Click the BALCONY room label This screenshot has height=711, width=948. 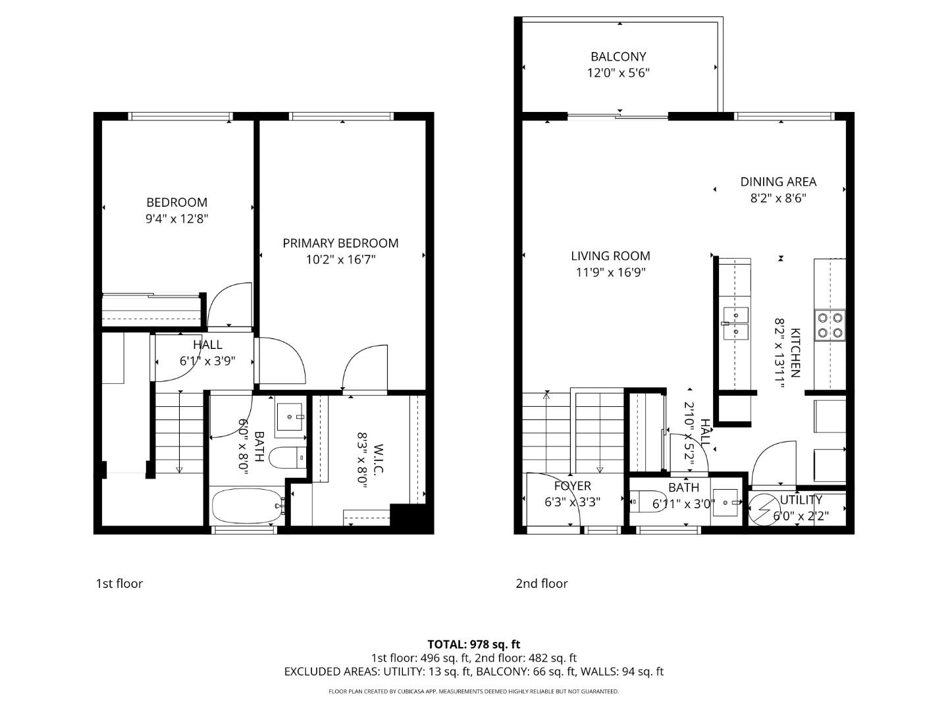pos(618,57)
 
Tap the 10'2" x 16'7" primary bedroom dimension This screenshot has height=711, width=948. pos(340,260)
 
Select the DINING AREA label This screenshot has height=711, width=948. pos(778,182)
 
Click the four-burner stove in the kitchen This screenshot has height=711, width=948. pos(830,325)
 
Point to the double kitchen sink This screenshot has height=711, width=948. pos(735,323)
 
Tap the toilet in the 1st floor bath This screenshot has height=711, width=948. pos(288,457)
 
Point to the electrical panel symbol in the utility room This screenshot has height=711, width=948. pos(764,508)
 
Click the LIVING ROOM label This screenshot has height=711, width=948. pos(610,256)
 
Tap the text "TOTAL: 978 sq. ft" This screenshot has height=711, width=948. pos(474,645)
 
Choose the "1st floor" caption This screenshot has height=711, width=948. pos(119,583)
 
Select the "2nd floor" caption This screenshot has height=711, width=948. pos(541,583)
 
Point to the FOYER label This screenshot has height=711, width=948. pos(572,486)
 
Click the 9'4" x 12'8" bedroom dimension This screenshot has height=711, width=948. pos(176,219)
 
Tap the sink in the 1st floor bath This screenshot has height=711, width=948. pos(289,416)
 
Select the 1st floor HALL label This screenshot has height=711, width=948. pos(207,344)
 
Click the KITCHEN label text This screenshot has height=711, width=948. pos(795,353)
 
